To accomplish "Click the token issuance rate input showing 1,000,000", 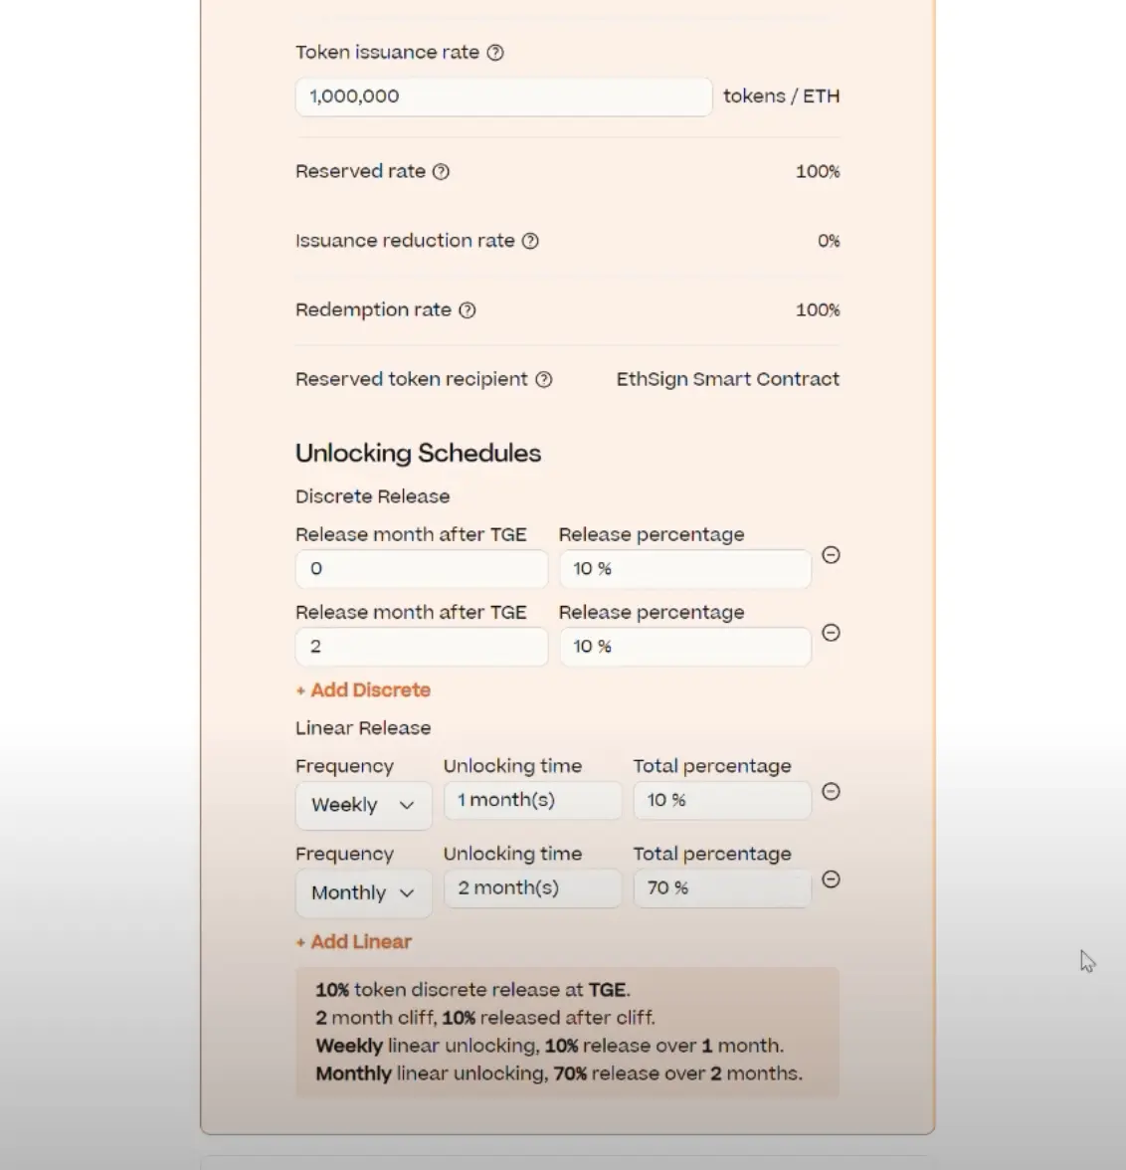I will [x=503, y=97].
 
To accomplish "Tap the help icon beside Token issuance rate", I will [x=495, y=53].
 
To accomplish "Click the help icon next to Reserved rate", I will [x=442, y=172].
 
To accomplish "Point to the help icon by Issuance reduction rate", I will [x=531, y=241].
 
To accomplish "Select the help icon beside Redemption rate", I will [x=468, y=310].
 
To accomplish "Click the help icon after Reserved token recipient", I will [x=544, y=379].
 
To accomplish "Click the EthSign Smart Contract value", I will [x=727, y=379].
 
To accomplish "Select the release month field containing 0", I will [x=421, y=569].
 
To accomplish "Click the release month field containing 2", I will [x=421, y=647].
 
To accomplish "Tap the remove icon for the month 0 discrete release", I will [x=832, y=555].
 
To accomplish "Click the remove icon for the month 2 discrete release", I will [x=832, y=633].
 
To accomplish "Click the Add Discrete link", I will [x=363, y=690].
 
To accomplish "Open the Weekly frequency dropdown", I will [x=363, y=805].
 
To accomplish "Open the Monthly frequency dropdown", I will [x=363, y=892].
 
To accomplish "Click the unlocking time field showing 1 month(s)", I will [x=532, y=801].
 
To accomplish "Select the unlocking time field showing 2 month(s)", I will [x=532, y=888].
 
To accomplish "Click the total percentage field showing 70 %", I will [x=721, y=888].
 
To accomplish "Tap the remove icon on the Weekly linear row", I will [x=832, y=792].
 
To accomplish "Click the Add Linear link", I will [x=354, y=942].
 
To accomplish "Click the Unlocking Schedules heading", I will [x=419, y=454].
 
